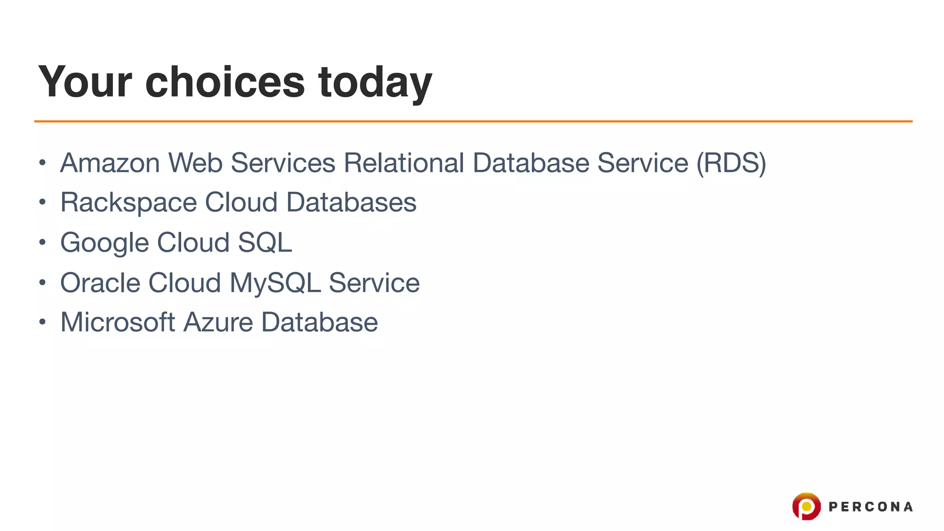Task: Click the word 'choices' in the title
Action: pyautogui.click(x=225, y=82)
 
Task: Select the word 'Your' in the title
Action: pyautogui.click(x=85, y=82)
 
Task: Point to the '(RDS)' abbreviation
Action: pyautogui.click(x=731, y=163)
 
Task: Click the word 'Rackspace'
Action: pyautogui.click(x=129, y=203)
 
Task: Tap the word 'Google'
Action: pyautogui.click(x=105, y=243)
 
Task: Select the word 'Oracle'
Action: pyautogui.click(x=100, y=283)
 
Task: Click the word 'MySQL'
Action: pyautogui.click(x=275, y=283)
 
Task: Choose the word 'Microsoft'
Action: pyautogui.click(x=118, y=322)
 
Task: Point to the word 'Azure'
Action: pyautogui.click(x=218, y=322)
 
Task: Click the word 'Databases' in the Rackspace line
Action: pyautogui.click(x=351, y=202)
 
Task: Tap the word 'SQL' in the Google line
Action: pyautogui.click(x=265, y=242)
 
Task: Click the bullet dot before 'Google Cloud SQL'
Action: pyautogui.click(x=42, y=242)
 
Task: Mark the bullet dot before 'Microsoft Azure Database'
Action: pyautogui.click(x=42, y=322)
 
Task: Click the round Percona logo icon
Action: pyautogui.click(x=806, y=506)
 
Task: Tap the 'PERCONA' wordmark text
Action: pyautogui.click(x=870, y=507)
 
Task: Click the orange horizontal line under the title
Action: pyautogui.click(x=473, y=121)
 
